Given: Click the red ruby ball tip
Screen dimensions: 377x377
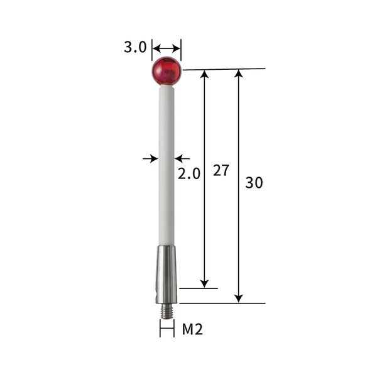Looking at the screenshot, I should point(167,70).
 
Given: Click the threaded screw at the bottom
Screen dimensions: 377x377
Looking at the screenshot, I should point(167,310).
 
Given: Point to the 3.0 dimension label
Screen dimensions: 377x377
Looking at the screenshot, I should point(135,48).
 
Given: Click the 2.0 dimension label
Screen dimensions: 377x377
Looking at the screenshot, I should point(188,174).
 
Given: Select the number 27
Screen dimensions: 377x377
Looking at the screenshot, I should point(221,170).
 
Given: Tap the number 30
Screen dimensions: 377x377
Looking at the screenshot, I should point(254,183).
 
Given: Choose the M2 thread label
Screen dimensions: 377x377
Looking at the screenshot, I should point(192,329).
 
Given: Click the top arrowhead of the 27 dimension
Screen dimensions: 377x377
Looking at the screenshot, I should point(204,74).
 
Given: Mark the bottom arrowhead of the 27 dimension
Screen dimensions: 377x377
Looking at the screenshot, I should point(204,283).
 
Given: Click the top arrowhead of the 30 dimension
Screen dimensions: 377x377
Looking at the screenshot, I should point(238,74).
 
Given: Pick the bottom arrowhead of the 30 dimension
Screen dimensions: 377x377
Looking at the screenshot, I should point(238,298).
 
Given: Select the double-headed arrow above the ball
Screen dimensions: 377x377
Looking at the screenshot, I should point(167,48).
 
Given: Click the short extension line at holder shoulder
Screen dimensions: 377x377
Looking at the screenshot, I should point(198,288).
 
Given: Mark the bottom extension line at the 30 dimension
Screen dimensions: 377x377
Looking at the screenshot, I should point(220,303).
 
